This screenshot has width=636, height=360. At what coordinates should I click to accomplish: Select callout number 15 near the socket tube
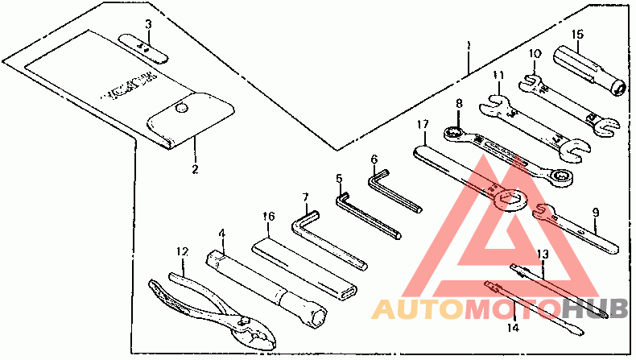click(577, 34)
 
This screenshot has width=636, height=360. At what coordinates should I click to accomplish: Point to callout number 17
click(421, 124)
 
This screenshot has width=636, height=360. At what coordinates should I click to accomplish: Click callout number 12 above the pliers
click(183, 252)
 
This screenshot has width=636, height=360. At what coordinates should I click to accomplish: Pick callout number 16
click(269, 216)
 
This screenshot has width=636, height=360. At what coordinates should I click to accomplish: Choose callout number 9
click(595, 213)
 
